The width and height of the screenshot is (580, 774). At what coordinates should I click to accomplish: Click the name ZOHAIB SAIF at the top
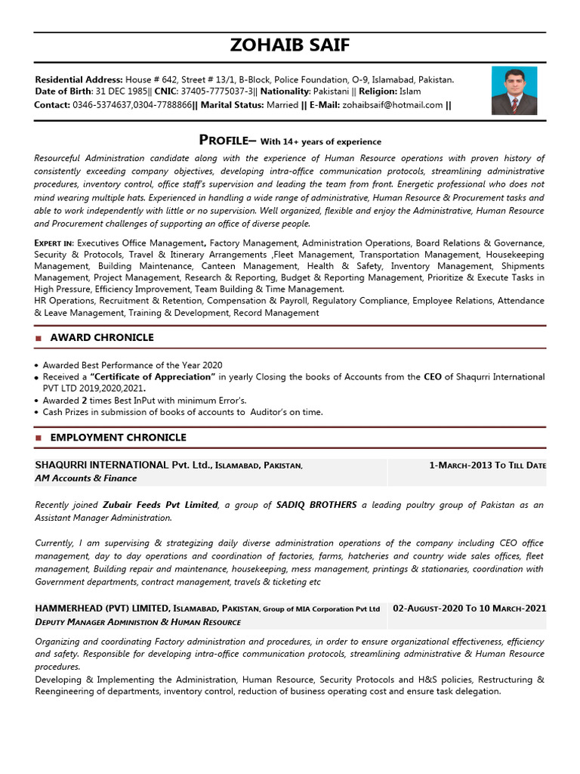pyautogui.click(x=290, y=45)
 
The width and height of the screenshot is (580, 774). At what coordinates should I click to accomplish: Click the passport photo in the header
pyautogui.click(x=514, y=91)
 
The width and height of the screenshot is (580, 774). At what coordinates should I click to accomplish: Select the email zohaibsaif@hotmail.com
pyautogui.click(x=393, y=105)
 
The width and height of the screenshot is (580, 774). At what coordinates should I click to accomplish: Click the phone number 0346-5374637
pyautogui.click(x=102, y=105)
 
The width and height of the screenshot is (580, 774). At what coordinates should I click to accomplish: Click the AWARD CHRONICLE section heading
pyautogui.click(x=101, y=338)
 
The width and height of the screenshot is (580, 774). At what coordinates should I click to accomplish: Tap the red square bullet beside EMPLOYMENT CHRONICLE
pyautogui.click(x=39, y=438)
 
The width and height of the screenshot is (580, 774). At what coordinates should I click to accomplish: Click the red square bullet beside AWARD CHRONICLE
pyautogui.click(x=39, y=339)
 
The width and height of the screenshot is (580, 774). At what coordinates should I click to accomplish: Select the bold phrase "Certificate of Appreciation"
pyautogui.click(x=153, y=376)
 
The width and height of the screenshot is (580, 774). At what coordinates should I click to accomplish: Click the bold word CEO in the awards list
pyautogui.click(x=432, y=376)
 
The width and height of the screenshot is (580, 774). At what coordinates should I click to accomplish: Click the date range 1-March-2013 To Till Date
pyautogui.click(x=487, y=465)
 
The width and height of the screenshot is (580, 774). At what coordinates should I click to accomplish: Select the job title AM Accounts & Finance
pyautogui.click(x=86, y=478)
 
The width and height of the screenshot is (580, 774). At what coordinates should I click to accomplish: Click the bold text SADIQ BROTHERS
pyautogui.click(x=316, y=505)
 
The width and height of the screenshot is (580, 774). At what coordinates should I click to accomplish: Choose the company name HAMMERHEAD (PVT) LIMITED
pyautogui.click(x=102, y=608)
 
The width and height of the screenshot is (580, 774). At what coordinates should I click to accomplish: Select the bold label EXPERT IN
pyautogui.click(x=54, y=243)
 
